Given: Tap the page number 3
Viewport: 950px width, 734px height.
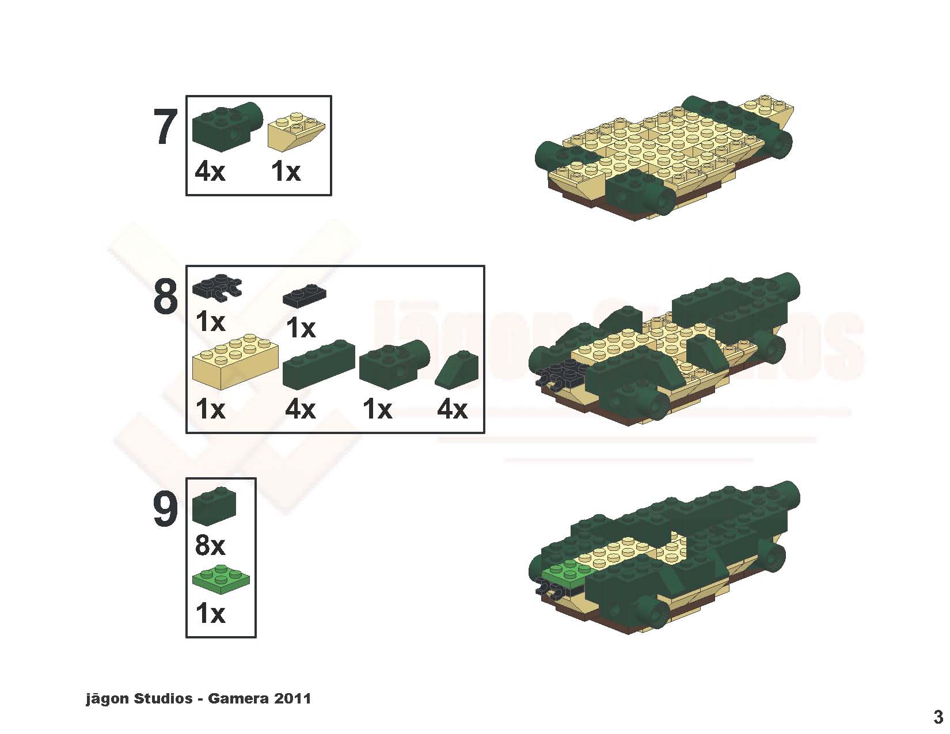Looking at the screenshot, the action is click(x=938, y=717).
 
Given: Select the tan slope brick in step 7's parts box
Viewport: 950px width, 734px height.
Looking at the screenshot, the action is click(x=297, y=130).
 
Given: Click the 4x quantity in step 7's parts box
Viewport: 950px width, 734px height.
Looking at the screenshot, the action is click(x=210, y=171).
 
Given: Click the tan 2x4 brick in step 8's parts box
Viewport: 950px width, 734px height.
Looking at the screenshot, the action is click(x=235, y=361).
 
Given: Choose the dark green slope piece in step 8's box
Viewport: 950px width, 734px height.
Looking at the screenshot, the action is click(x=457, y=370).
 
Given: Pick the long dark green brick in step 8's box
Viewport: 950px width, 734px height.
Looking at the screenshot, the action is click(x=319, y=364).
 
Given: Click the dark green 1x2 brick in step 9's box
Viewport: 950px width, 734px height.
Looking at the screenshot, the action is click(x=214, y=506).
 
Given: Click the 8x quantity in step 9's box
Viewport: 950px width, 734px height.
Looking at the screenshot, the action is click(x=210, y=546).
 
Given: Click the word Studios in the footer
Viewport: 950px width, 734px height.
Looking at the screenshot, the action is click(x=163, y=698).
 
